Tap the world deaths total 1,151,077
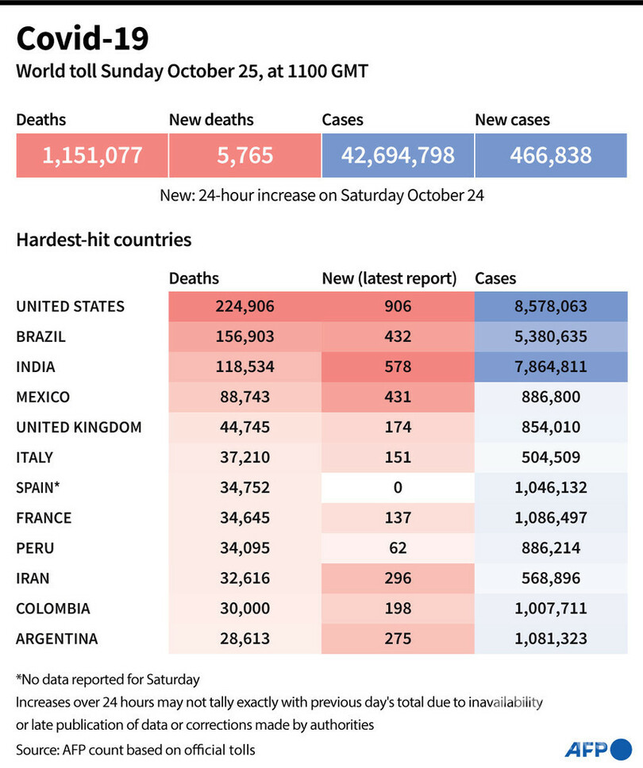click(x=92, y=155)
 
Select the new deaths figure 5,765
click(x=244, y=155)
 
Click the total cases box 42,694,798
click(x=398, y=155)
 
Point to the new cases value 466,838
click(x=551, y=155)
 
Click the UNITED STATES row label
click(x=71, y=306)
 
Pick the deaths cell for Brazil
click(x=244, y=336)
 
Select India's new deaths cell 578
click(x=397, y=367)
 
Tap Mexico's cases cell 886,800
click(x=551, y=397)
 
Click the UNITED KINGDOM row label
click(x=79, y=427)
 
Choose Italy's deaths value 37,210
click(x=244, y=458)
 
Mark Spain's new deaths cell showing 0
click(x=397, y=488)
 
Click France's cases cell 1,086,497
click(x=551, y=518)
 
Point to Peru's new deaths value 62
click(x=397, y=548)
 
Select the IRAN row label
click(x=34, y=578)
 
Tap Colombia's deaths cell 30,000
click(x=244, y=609)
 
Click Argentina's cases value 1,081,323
click(x=551, y=639)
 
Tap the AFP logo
click(x=595, y=747)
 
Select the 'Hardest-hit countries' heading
click(x=103, y=239)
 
